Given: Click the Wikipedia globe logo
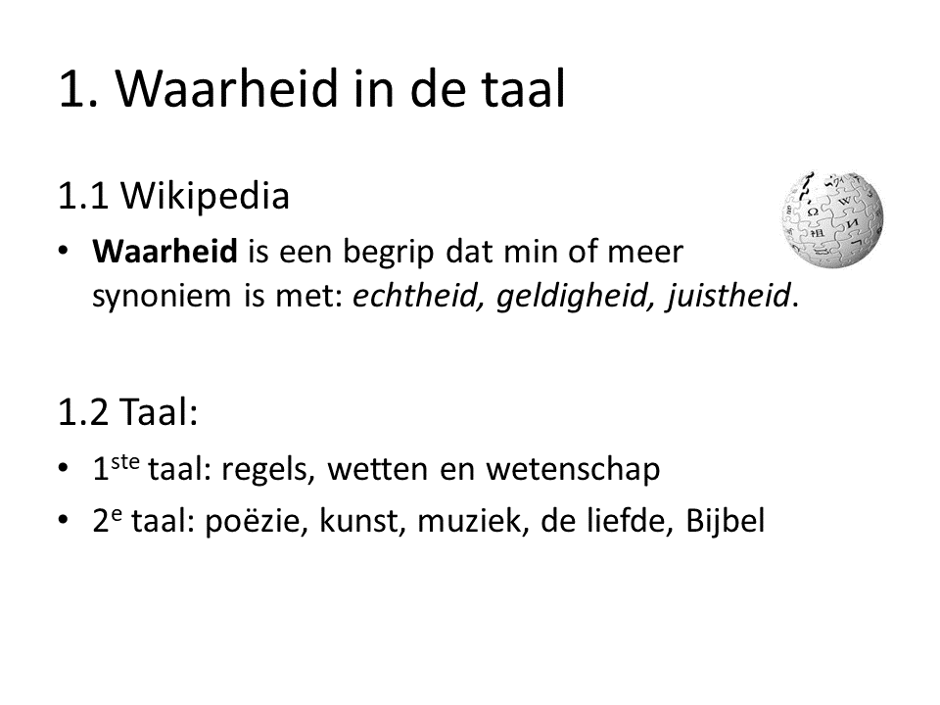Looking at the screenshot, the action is coord(832,218).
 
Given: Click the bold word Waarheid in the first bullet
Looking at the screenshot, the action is coord(164,252).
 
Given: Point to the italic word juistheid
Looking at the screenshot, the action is coord(728,296).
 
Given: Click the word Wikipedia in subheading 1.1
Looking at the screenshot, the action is coord(205,196).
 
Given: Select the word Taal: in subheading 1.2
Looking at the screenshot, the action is coord(159,412).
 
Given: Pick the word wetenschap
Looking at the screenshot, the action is coord(573,469).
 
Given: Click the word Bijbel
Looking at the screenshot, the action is coord(726,520).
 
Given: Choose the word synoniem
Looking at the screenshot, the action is coord(162,296).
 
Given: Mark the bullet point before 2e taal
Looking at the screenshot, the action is coord(64,520).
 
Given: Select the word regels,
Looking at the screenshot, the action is coord(268,469).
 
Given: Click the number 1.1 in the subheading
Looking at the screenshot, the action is coord(83,196).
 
